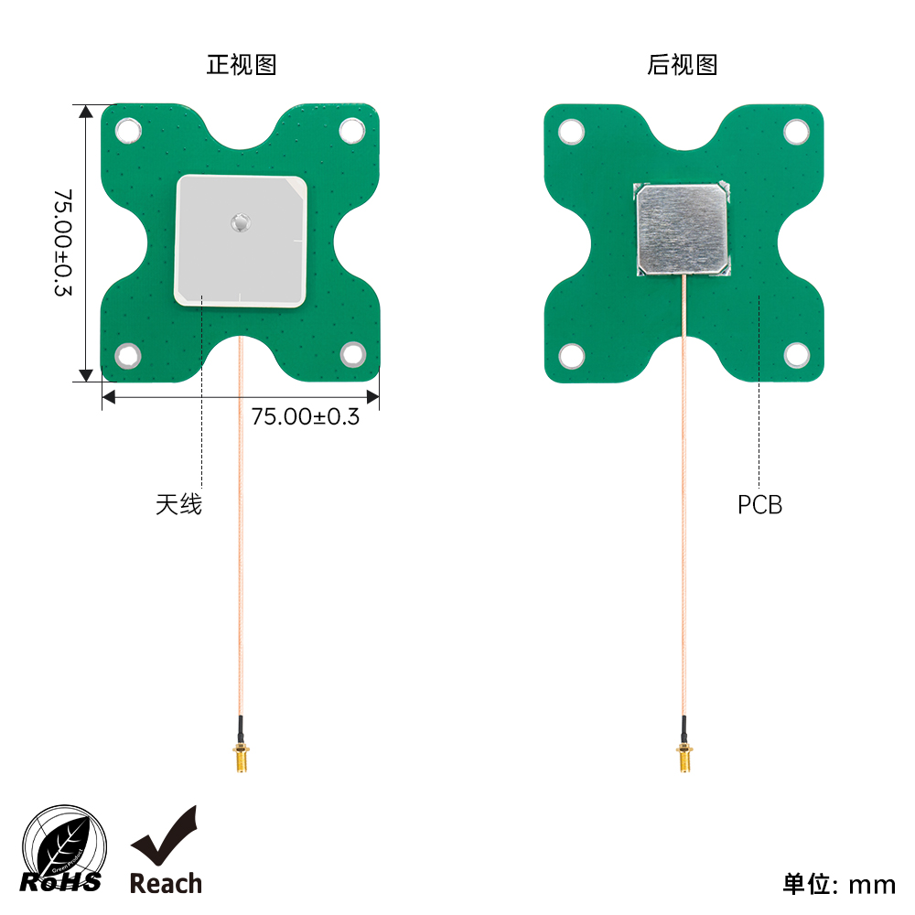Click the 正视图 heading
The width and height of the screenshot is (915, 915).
(242, 65)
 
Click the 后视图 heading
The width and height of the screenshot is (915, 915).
(683, 65)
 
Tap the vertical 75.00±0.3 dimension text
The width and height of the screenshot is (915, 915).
(63, 242)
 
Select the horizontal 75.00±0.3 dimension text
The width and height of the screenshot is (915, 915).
(306, 416)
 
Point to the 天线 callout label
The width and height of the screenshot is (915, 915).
(178, 504)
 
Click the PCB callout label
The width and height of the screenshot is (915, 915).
(759, 505)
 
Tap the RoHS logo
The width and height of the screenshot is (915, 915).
(63, 850)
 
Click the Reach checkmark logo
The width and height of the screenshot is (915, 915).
(166, 851)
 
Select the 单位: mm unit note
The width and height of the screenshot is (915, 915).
(838, 885)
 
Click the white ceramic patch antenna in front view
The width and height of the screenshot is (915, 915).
(241, 241)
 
